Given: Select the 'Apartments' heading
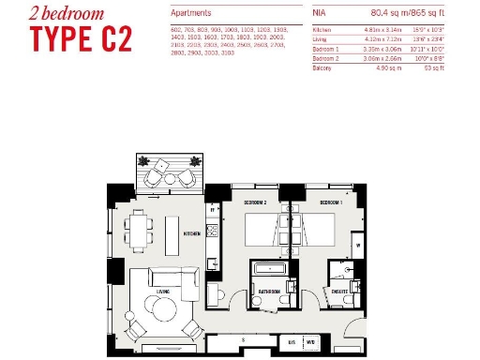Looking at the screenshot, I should [191, 15].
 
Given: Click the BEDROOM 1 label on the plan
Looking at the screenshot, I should [331, 202].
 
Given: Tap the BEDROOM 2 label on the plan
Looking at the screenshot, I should [256, 202].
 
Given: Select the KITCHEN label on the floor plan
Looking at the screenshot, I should [192, 232].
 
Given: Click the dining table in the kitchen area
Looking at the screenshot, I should [142, 228].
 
